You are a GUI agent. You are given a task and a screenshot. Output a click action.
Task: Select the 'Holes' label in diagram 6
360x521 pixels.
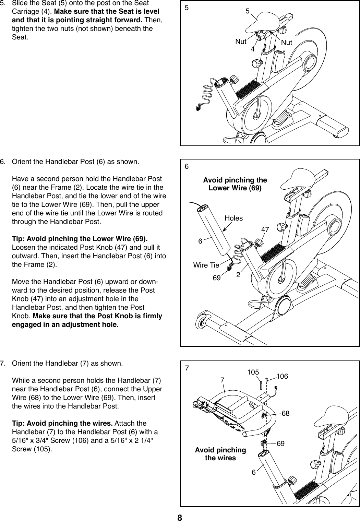coord(233,218)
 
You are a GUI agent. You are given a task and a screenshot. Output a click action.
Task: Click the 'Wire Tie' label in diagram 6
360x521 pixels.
coord(206,265)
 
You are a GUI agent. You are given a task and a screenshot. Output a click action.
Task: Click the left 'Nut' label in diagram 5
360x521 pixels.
coord(241,42)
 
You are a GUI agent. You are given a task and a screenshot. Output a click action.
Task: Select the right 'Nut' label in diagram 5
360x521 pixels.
coord(287,43)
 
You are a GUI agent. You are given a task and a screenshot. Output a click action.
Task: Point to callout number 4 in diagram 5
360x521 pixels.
coord(253,49)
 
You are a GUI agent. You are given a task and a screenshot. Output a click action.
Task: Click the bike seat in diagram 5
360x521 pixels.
coord(266,21)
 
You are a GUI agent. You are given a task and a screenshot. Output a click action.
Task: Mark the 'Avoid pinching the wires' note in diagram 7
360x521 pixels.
coord(220,454)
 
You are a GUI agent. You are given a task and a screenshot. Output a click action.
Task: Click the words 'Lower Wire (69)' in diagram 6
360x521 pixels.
coord(235,188)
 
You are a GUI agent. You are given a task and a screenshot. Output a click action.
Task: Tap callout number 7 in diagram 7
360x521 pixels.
coord(222,380)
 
